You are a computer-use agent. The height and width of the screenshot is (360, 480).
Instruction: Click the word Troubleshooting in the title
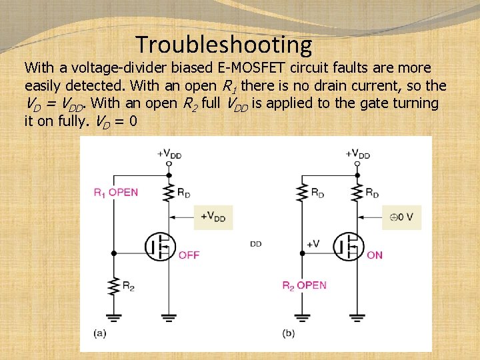tap(224, 45)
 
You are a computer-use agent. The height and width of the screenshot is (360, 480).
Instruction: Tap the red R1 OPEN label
tap(116, 193)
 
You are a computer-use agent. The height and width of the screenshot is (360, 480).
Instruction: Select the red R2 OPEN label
tap(304, 285)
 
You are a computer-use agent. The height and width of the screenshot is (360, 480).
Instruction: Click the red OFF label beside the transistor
tap(189, 255)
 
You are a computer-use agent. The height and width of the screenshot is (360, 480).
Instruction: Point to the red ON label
tap(375, 255)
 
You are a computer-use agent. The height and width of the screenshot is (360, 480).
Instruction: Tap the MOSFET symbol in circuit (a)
tap(161, 247)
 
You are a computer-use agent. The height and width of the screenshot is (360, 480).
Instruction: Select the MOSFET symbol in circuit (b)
tap(349, 247)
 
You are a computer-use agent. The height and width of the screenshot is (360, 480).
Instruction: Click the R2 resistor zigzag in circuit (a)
tap(114, 287)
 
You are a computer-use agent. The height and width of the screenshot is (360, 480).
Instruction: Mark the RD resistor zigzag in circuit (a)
tap(169, 192)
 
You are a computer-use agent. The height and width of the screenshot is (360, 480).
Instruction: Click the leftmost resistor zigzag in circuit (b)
tap(303, 192)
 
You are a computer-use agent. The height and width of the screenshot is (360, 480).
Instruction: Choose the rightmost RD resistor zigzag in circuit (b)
tap(358, 192)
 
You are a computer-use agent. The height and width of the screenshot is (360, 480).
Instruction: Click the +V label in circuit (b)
tap(313, 244)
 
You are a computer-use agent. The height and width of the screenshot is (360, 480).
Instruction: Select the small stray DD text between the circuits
tap(256, 244)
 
